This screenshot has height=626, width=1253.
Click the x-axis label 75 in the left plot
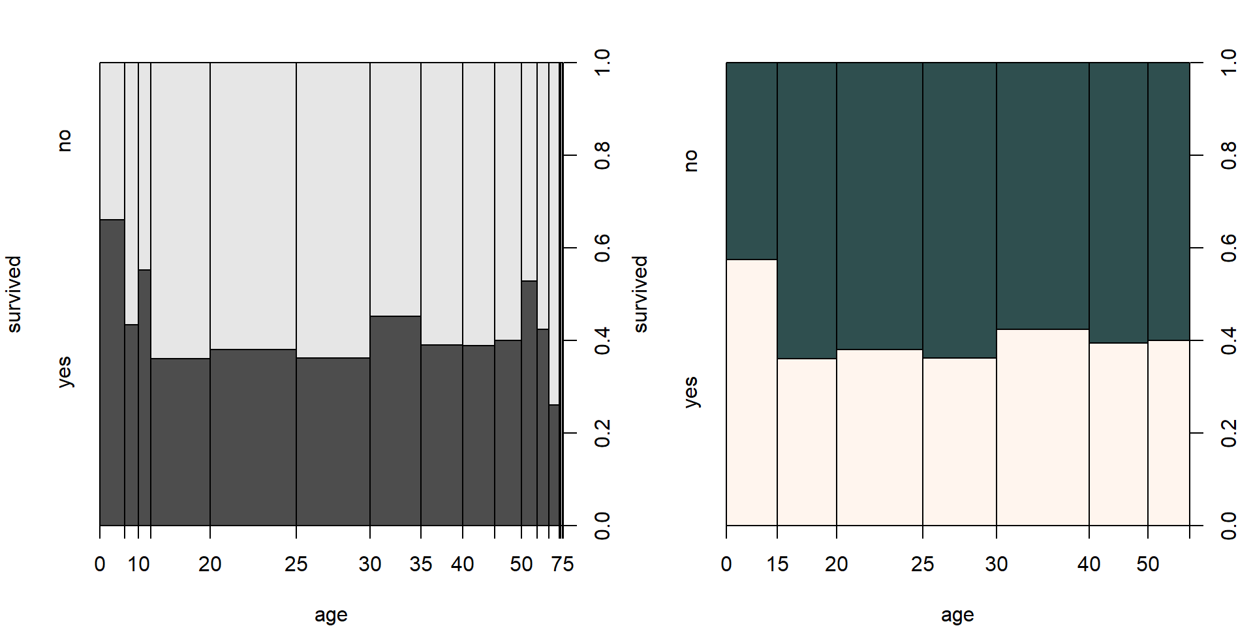(x=563, y=564)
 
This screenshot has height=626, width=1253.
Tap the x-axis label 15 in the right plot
(x=777, y=564)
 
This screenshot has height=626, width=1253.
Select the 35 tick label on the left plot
(x=421, y=564)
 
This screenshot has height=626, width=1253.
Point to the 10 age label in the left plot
(x=138, y=564)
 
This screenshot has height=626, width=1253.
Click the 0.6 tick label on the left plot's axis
(x=602, y=248)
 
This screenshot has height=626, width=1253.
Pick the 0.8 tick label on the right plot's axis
(x=1229, y=155)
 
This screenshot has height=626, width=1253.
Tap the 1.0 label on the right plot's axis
(x=1229, y=63)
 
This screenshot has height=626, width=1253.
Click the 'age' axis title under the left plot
(x=331, y=615)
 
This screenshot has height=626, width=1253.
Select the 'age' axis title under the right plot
(x=957, y=615)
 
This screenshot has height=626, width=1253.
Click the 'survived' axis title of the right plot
(x=640, y=294)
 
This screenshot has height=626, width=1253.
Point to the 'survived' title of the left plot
(x=14, y=294)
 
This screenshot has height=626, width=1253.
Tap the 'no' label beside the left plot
(x=64, y=140)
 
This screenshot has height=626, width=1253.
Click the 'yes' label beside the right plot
(x=690, y=392)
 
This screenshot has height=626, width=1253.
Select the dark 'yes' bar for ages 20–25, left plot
(x=253, y=437)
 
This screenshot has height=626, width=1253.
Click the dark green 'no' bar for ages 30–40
(x=1042, y=196)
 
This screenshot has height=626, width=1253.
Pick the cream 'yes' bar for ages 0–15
(x=752, y=392)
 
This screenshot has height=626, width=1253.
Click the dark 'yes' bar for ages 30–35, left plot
(x=395, y=421)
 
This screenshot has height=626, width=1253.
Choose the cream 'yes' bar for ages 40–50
(x=1118, y=434)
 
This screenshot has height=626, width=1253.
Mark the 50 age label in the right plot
(x=1147, y=564)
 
